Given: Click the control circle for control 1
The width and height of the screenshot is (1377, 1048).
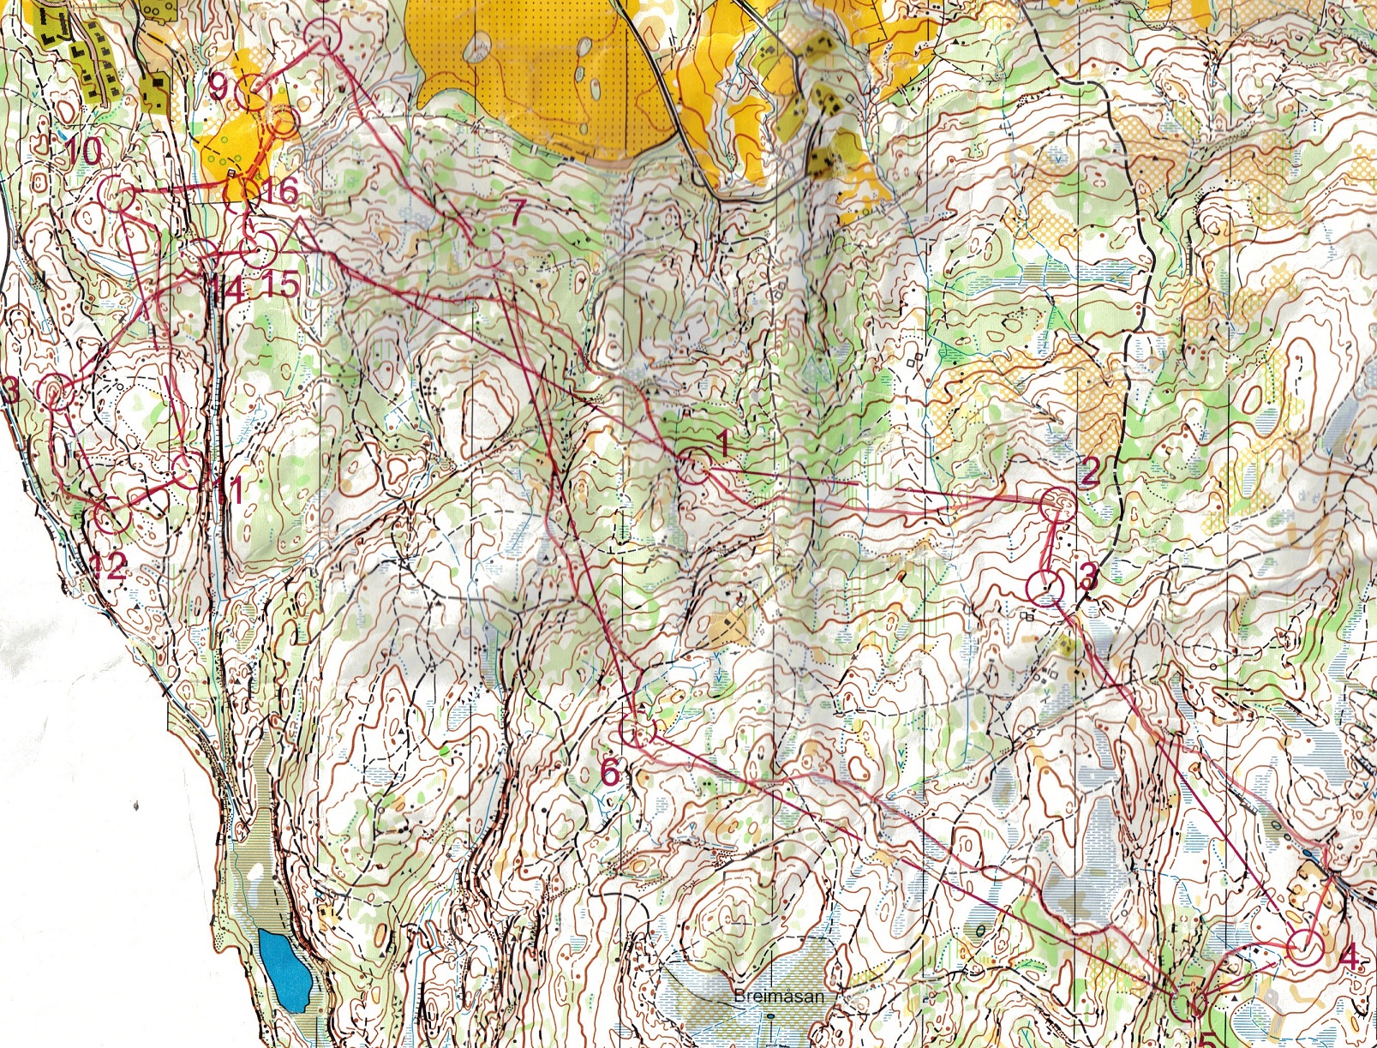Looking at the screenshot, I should click(x=693, y=467).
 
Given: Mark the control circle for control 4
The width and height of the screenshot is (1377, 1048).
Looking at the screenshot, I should click(x=1305, y=949).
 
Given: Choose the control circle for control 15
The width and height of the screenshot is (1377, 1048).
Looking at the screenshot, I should click(x=258, y=249).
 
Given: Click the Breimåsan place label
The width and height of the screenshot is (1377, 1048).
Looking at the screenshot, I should click(x=778, y=997).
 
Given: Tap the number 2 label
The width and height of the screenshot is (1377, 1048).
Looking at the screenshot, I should click(x=1089, y=470).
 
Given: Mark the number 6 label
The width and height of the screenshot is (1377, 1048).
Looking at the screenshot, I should click(x=609, y=772).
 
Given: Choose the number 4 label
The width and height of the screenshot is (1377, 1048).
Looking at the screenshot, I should click(x=1348, y=956).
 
